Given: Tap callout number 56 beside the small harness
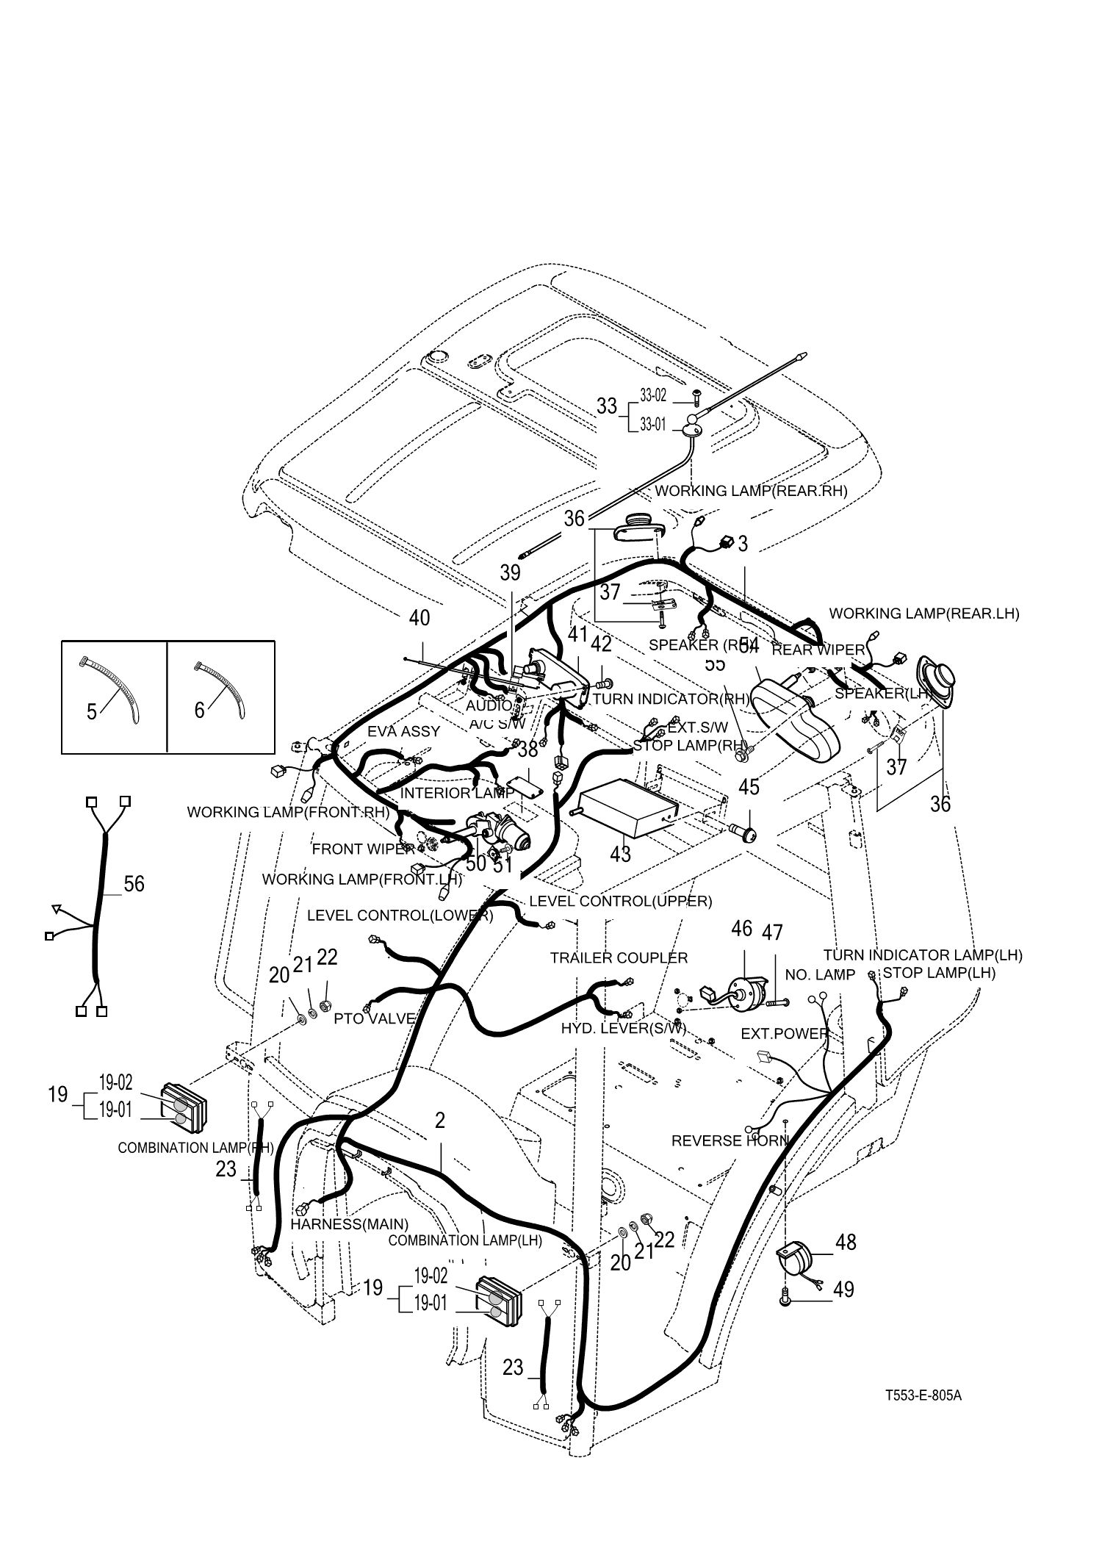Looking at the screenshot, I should click(134, 883).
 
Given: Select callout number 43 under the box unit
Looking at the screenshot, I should click(621, 854).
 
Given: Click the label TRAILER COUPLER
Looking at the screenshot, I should click(619, 957).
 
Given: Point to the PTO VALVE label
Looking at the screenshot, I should click(375, 1019).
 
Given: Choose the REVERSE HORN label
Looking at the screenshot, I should click(730, 1140).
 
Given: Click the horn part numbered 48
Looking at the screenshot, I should click(796, 1257).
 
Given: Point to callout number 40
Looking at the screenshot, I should click(419, 618).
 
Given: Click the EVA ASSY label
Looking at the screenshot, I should click(403, 731).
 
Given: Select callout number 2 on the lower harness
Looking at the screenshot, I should click(439, 1121).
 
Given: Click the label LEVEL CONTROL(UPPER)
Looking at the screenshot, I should click(620, 901).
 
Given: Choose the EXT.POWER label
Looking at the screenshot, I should click(785, 1034).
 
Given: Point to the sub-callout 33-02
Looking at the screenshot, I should click(652, 395).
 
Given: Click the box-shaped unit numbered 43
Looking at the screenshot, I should click(628, 809).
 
